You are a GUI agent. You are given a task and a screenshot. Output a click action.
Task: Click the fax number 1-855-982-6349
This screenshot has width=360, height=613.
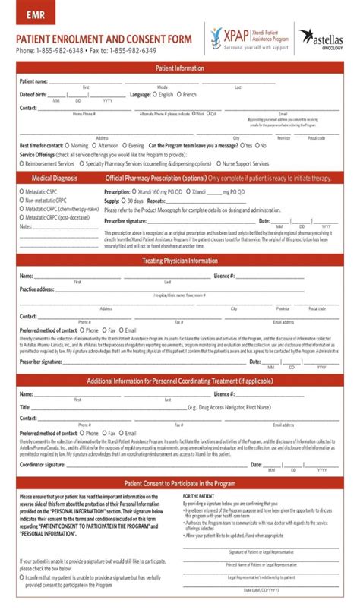(134, 51)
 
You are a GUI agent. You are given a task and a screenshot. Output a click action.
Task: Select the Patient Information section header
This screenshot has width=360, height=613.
(180, 68)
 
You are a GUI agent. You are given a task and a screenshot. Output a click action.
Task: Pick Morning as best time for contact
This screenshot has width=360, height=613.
(65, 145)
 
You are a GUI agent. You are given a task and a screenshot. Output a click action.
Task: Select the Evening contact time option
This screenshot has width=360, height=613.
(124, 145)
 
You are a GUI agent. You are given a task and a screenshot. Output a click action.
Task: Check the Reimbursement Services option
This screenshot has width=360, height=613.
(22, 163)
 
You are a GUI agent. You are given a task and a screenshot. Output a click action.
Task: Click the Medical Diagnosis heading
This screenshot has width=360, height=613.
(55, 178)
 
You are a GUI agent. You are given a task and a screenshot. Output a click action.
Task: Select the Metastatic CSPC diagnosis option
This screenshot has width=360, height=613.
(22, 192)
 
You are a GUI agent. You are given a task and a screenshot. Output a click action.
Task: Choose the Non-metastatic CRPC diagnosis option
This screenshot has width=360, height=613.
(22, 201)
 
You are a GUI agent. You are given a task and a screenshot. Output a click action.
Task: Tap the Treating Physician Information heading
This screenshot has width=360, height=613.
(180, 261)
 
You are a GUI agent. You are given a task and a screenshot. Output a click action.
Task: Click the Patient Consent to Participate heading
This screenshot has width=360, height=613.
(180, 483)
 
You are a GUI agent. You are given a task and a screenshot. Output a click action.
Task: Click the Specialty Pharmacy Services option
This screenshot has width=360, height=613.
(81, 163)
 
